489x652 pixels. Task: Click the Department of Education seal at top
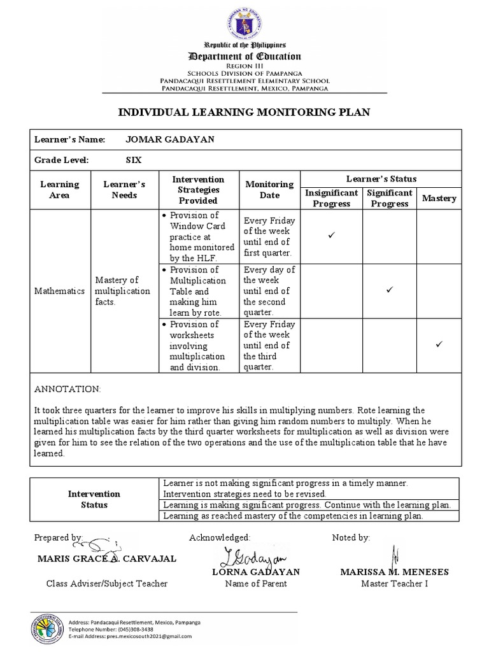coord(244,22)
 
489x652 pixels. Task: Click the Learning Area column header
coord(59,189)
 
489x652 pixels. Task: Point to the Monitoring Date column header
coord(269,189)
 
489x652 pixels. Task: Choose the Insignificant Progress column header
coord(331,198)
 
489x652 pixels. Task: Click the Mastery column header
coord(439,198)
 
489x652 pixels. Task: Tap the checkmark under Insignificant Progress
coord(331,236)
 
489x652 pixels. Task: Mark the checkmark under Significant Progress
coord(390,290)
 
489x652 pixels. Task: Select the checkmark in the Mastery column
coord(439,344)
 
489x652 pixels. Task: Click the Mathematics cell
coord(60,290)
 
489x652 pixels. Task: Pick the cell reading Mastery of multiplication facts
coord(122,290)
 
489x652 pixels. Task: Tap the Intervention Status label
coord(94,499)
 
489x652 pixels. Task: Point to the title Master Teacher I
coord(395,583)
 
